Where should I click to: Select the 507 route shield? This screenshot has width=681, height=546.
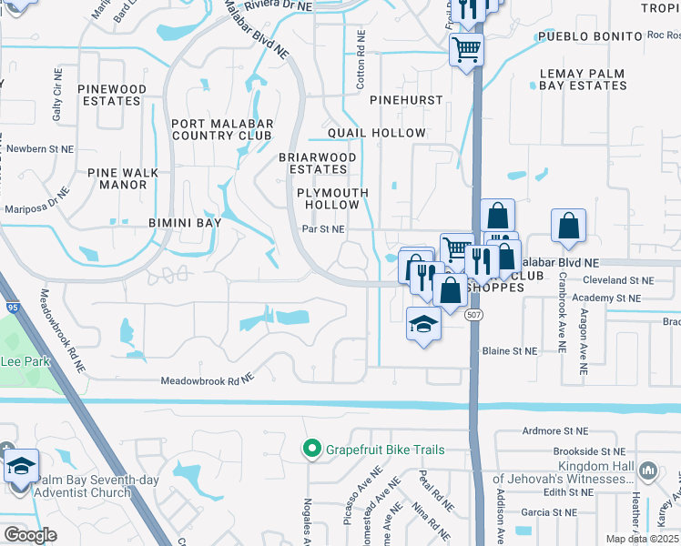474,313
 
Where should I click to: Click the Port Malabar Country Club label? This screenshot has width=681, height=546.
222,129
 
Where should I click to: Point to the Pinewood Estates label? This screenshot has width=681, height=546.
111,95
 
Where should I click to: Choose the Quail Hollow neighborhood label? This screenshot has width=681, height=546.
364,133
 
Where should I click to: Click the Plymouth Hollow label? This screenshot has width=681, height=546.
332,198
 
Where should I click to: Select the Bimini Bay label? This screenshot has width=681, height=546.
185,222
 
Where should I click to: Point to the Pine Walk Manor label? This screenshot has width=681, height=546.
123,178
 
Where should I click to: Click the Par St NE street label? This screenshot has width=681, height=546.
323,230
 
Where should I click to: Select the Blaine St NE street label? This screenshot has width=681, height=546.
508,350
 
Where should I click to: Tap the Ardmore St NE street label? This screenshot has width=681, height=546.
552,431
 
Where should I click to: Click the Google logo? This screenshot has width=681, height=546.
30,534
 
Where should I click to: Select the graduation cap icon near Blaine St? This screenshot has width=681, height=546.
423,324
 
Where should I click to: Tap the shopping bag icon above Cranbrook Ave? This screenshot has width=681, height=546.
568,226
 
